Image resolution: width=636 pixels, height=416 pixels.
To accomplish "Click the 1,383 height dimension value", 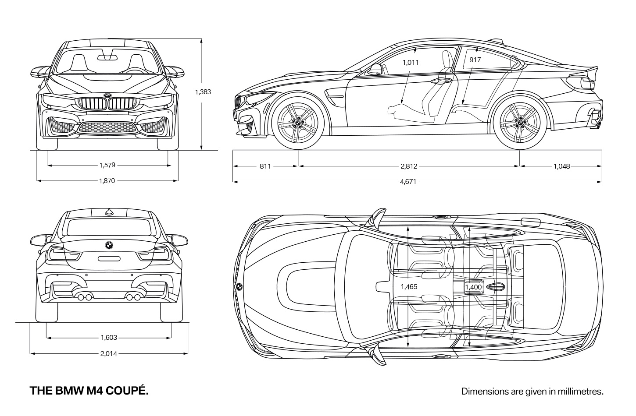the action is (203, 92).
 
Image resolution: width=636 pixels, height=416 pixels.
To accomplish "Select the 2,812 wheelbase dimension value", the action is (409, 166).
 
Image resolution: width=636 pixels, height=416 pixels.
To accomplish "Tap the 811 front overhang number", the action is (265, 166).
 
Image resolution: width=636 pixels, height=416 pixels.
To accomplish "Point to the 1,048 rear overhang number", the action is (561, 166).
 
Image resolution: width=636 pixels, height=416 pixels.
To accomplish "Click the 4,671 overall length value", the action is (408, 182).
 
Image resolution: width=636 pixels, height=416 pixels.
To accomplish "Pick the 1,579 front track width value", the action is (107, 165).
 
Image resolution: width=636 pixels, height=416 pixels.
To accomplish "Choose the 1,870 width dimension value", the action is (107, 180).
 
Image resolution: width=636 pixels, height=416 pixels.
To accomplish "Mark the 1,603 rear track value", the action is (109, 338).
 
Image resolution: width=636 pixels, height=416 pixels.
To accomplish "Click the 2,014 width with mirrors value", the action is (109, 354).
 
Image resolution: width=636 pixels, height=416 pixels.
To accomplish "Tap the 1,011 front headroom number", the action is (411, 62).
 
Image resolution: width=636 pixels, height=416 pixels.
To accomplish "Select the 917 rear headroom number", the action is (475, 60).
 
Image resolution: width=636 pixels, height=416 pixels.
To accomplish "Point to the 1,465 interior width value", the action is (409, 287).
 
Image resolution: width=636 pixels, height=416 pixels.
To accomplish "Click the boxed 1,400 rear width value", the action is (474, 287).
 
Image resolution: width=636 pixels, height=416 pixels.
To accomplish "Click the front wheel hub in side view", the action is (298, 123).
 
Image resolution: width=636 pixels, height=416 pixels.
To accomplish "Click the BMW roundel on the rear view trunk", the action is (109, 245).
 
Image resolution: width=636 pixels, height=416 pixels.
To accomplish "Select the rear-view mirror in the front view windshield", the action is (107, 58).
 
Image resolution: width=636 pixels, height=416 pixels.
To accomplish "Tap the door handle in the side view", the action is (441, 81).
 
